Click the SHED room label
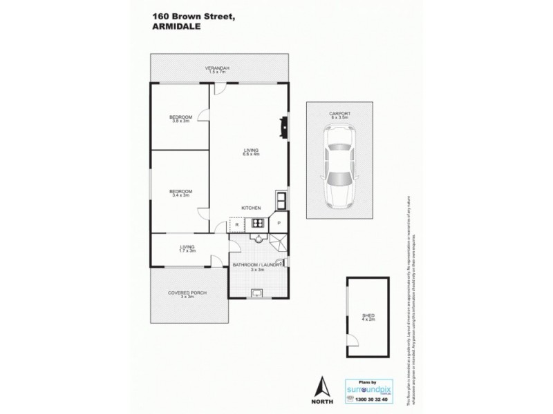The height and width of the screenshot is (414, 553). tap(366, 318)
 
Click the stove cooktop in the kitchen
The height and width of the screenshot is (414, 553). tap(257, 223)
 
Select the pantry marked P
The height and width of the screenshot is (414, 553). tap(279, 223)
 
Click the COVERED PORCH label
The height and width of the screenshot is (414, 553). tap(187, 295)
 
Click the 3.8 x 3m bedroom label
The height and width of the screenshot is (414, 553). tap(180, 119)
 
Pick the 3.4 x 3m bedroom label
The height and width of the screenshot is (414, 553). tap(180, 193)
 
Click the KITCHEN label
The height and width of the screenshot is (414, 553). tap(250, 207)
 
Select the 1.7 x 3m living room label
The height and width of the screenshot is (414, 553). tap(187, 248)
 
